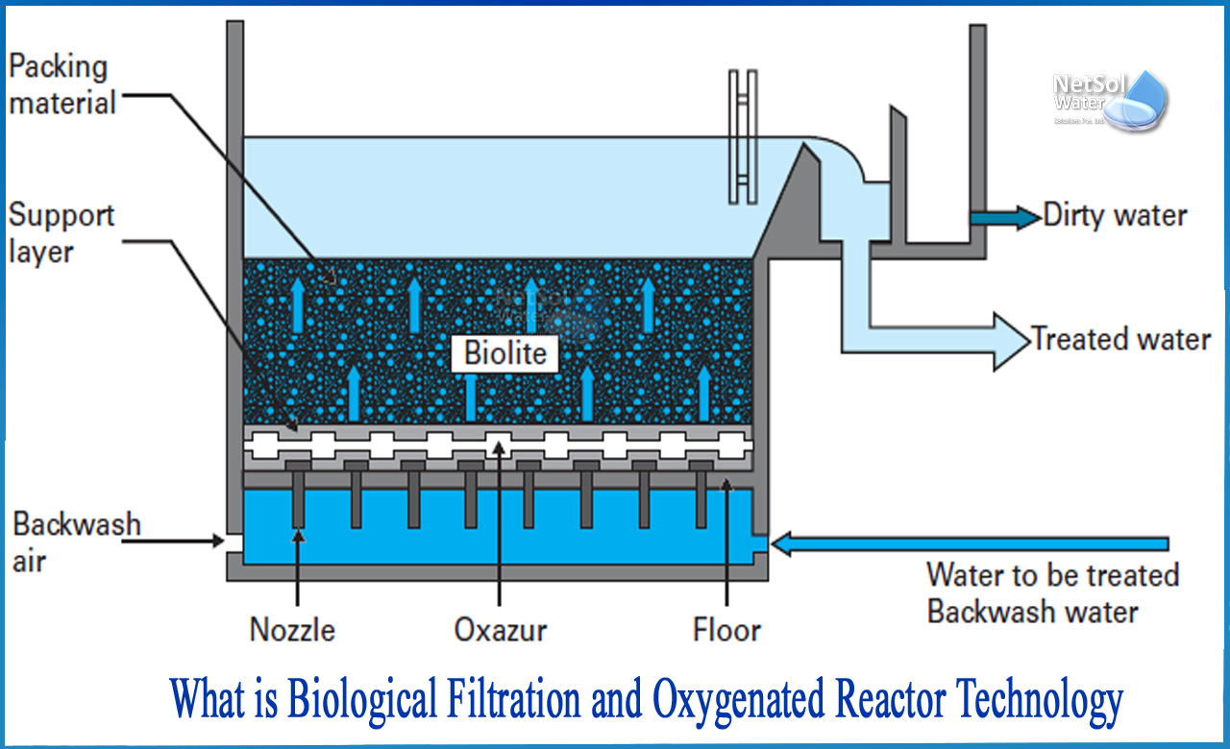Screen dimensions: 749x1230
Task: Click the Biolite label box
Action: point(504,352)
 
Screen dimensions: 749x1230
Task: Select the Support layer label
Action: point(61,233)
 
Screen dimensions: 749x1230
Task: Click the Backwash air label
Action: point(75,543)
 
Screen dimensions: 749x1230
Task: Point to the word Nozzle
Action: point(292,630)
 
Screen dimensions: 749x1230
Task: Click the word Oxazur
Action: point(500,630)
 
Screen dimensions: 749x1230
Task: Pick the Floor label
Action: point(726,630)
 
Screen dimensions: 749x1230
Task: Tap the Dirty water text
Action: point(1115,216)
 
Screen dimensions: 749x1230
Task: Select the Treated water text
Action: point(1120,339)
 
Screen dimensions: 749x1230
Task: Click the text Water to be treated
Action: point(1052,575)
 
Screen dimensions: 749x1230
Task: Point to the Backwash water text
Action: point(1033,612)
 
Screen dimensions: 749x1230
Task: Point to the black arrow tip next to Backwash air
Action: point(220,542)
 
